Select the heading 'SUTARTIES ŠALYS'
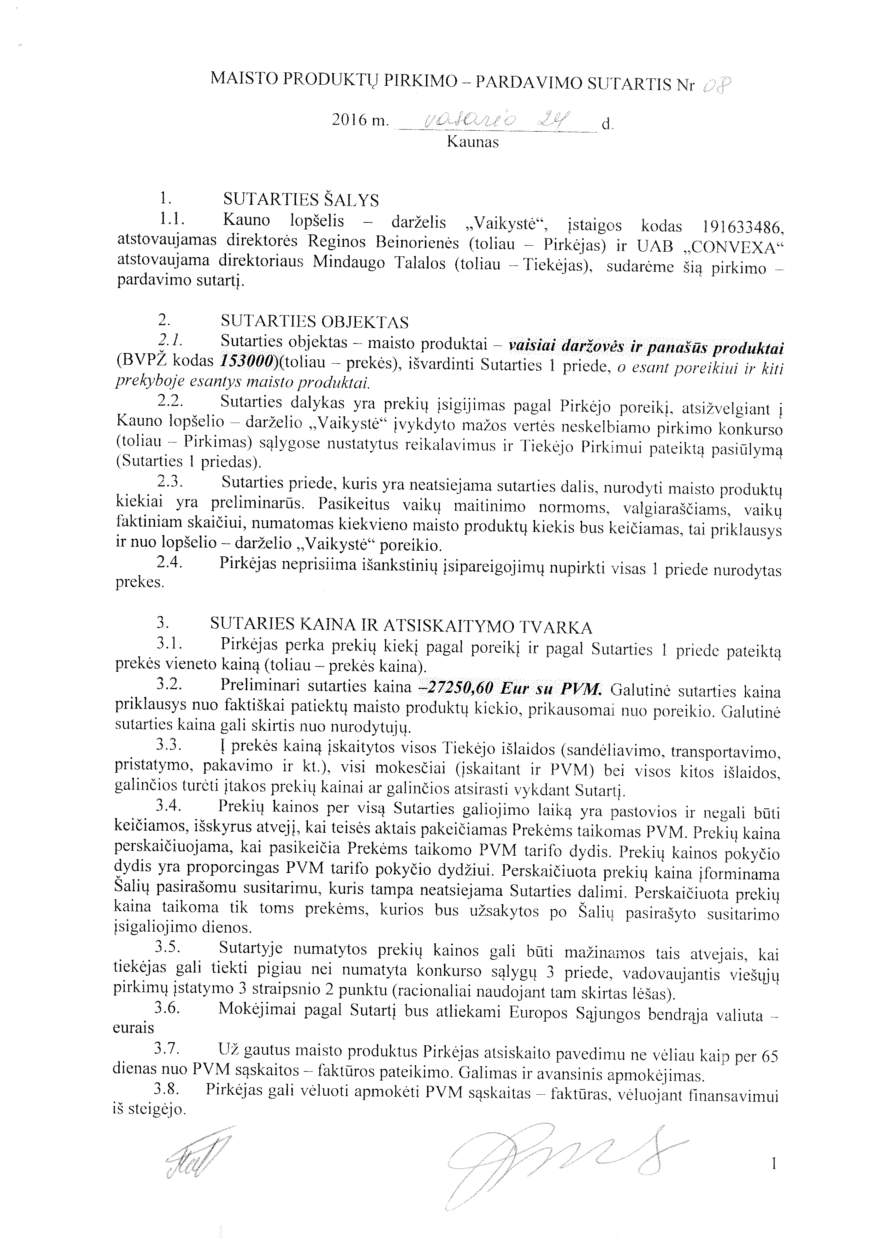[301, 200]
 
